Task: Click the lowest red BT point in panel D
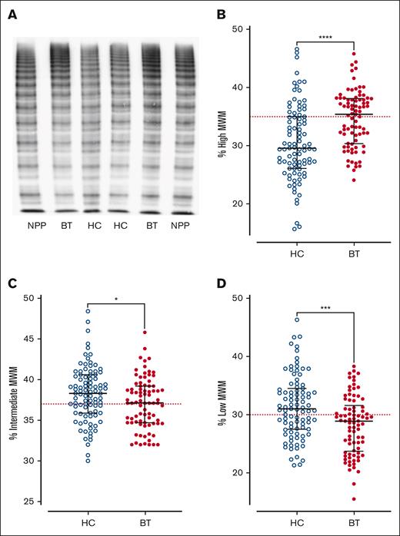(x=355, y=498)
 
